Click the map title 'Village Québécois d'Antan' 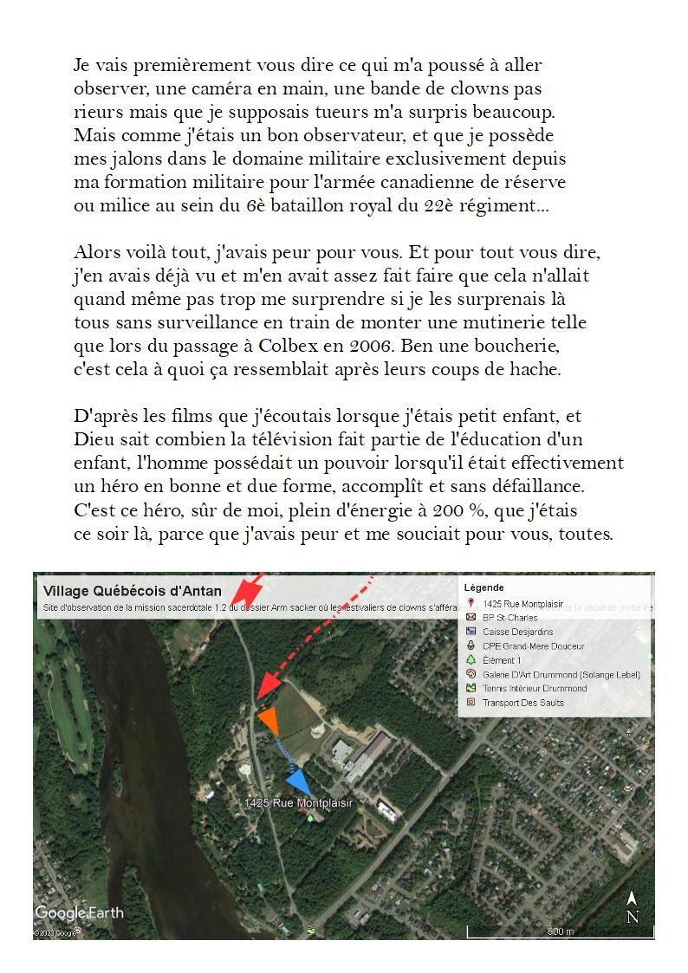pyautogui.click(x=132, y=592)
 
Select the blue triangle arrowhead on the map pyautogui.click(x=299, y=780)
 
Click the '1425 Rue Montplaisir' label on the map pyautogui.click(x=298, y=803)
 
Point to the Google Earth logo pyautogui.click(x=79, y=912)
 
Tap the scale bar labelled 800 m pyautogui.click(x=555, y=931)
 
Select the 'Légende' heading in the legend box pyautogui.click(x=484, y=587)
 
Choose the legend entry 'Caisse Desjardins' pyautogui.click(x=517, y=632)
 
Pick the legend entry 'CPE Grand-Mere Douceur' pyautogui.click(x=533, y=646)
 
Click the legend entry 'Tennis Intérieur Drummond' pyautogui.click(x=534, y=688)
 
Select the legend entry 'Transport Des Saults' pyautogui.click(x=522, y=703)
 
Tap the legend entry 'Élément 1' pyautogui.click(x=502, y=660)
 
